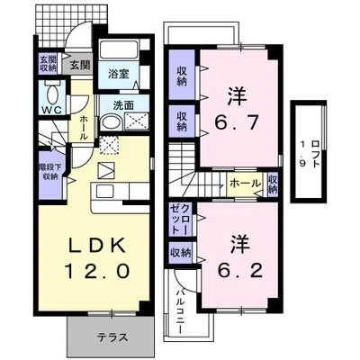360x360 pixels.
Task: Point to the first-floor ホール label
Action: (83, 125)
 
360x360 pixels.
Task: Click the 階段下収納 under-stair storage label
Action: (49, 170)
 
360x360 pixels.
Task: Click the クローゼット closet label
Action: (179, 220)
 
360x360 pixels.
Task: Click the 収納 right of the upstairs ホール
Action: (272, 184)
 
